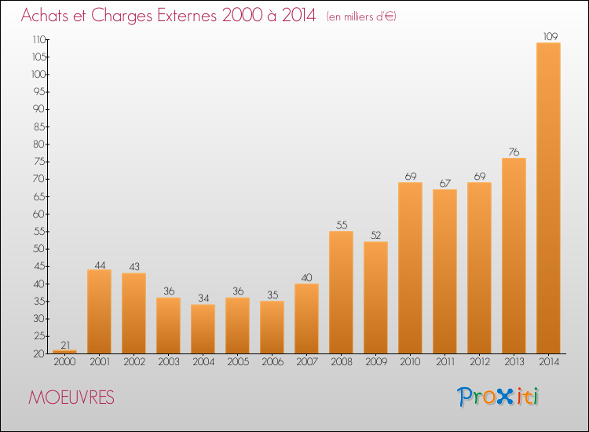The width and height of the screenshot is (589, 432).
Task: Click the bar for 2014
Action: (548, 198)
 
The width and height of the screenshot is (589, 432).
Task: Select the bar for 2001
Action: (99, 312)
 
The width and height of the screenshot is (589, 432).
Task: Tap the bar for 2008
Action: (341, 292)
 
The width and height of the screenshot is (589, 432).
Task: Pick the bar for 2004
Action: (203, 329)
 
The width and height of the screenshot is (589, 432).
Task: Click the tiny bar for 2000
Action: (64, 352)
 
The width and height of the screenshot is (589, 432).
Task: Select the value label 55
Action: (341, 225)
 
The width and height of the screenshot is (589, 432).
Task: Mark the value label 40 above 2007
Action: (306, 277)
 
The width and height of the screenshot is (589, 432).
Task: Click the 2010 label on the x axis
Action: (410, 363)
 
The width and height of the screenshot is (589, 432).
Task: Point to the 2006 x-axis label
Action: (272, 363)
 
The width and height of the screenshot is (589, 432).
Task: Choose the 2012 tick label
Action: (479, 363)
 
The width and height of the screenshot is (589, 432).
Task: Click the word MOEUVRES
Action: (71, 398)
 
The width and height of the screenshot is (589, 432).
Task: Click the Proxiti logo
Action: (498, 397)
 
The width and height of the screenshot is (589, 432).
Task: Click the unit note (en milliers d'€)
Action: (361, 16)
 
